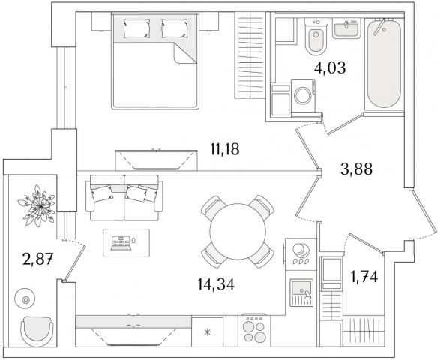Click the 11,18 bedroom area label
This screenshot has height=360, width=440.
pyautogui.click(x=224, y=149)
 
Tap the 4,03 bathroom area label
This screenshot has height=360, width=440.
pyautogui.click(x=330, y=67)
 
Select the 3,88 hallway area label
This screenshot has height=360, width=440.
pyautogui.click(x=356, y=169)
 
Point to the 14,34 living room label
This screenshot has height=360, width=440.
pyautogui.click(x=216, y=284)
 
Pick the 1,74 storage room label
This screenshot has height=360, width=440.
pyautogui.click(x=364, y=277)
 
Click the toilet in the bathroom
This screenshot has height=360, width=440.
pyautogui.click(x=316, y=36)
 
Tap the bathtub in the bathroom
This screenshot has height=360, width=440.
pyautogui.click(x=384, y=63)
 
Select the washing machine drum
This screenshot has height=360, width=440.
pyautogui.click(x=303, y=96)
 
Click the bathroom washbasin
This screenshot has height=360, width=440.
pyautogui.click(x=346, y=28)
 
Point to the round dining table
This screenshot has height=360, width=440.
pyautogui.click(x=238, y=232)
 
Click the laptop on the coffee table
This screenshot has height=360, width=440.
pyautogui.click(x=121, y=243)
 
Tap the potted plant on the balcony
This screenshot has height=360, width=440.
pyautogui.click(x=37, y=205)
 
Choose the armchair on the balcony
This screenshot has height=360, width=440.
pyautogui.click(x=37, y=331)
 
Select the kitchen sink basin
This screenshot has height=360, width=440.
pyautogui.click(x=301, y=288)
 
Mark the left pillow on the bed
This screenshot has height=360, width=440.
pyautogui.click(x=136, y=28)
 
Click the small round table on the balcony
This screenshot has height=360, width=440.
pyautogui.click(x=25, y=300)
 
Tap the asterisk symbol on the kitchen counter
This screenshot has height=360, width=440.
pyautogui.click(x=207, y=332)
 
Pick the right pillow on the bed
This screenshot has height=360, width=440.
pyautogui.click(x=175, y=28)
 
